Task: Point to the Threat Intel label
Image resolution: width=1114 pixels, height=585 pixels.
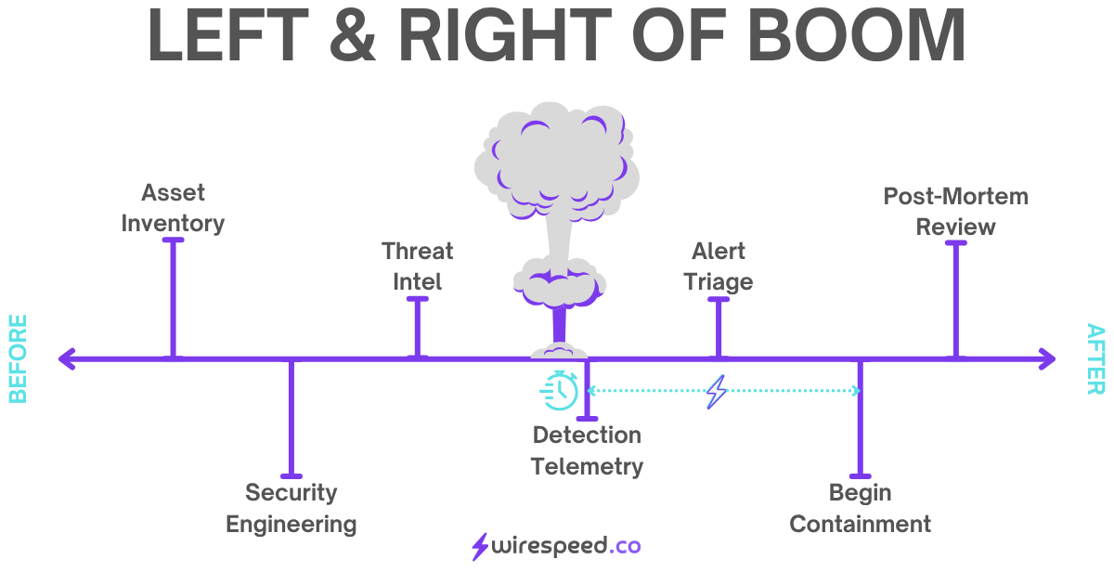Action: click(x=417, y=266)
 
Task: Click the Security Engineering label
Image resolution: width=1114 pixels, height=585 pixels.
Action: click(x=291, y=508)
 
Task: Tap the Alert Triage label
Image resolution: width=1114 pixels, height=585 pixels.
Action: click(x=718, y=266)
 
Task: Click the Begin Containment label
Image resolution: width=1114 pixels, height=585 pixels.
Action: click(x=860, y=508)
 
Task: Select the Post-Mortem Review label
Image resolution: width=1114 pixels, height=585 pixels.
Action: click(x=955, y=211)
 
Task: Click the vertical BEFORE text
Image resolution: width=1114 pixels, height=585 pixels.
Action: click(x=18, y=358)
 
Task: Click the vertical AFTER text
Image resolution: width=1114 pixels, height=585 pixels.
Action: click(x=1095, y=358)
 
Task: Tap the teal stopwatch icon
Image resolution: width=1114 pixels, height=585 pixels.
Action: click(x=560, y=390)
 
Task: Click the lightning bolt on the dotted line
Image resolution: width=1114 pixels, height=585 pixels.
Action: click(x=716, y=392)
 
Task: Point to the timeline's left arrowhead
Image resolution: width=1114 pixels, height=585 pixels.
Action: click(x=65, y=358)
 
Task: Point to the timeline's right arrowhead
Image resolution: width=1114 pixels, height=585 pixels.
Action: click(x=1048, y=358)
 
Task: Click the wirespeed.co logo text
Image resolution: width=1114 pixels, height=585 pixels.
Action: click(x=566, y=546)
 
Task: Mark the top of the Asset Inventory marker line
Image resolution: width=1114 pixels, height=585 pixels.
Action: click(x=173, y=240)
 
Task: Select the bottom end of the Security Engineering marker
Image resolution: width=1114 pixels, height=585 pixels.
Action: click(x=291, y=474)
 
